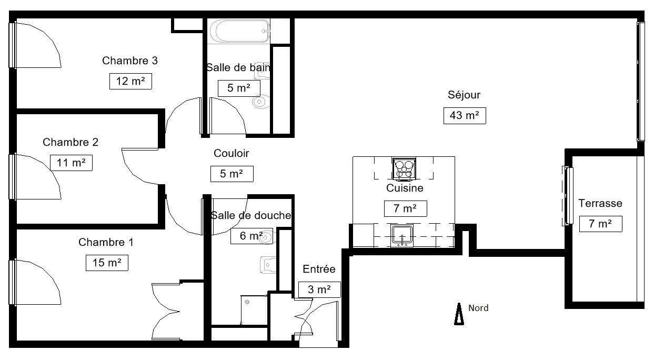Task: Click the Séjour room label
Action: click(x=464, y=95)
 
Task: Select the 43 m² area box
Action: click(x=465, y=116)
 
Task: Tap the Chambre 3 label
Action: click(x=130, y=61)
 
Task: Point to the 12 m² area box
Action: click(x=130, y=81)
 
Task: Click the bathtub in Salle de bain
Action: click(x=239, y=31)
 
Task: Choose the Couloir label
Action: click(x=231, y=153)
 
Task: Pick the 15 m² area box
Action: click(x=107, y=263)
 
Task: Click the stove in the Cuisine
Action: click(x=404, y=169)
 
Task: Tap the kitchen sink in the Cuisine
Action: click(x=402, y=235)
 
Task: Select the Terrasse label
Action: click(x=600, y=203)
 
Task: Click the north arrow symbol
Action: click(x=459, y=314)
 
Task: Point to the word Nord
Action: click(x=478, y=308)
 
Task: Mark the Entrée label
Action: click(x=319, y=269)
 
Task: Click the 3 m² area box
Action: click(x=319, y=289)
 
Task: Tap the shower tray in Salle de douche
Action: click(x=254, y=309)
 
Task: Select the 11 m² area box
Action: click(x=71, y=163)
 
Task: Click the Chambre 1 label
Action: click(x=106, y=242)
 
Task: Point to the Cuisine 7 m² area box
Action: click(x=406, y=208)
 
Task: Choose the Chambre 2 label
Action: click(x=71, y=142)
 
